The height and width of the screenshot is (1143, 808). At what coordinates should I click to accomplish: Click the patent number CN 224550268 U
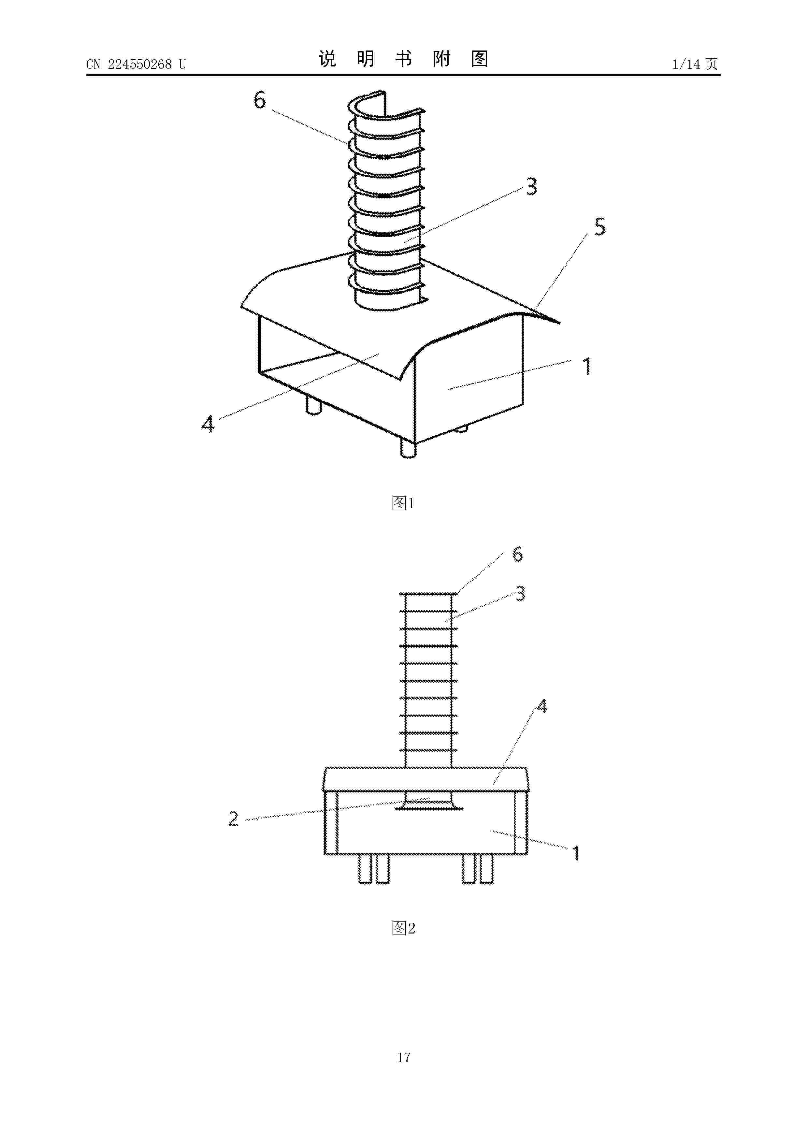pos(136,64)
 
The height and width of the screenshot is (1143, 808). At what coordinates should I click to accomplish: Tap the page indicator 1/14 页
pos(695,64)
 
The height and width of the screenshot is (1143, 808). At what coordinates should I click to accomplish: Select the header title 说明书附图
pos(403,59)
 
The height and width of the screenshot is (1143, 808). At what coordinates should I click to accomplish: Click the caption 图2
pos(403,928)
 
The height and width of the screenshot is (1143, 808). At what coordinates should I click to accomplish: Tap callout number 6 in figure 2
pos(518,554)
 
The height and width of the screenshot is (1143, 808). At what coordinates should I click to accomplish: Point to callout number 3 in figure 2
pos(520,593)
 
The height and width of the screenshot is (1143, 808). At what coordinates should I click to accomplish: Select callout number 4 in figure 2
pos(542,706)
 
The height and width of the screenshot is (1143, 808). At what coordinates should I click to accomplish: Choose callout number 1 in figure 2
pos(576,853)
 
